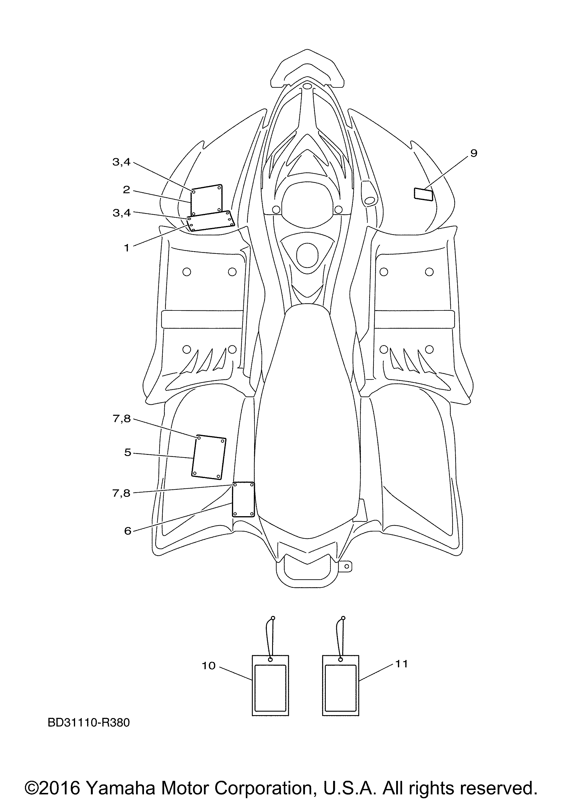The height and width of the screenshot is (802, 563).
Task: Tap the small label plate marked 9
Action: click(x=423, y=194)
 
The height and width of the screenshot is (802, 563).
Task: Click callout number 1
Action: click(x=127, y=248)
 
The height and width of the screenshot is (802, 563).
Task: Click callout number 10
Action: click(x=209, y=666)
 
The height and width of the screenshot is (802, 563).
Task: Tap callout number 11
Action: click(x=401, y=664)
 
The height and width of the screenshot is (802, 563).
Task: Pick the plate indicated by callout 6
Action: click(x=244, y=500)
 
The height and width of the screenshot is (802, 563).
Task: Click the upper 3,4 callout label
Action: click(x=121, y=162)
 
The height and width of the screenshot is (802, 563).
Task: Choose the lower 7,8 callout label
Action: click(x=121, y=493)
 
